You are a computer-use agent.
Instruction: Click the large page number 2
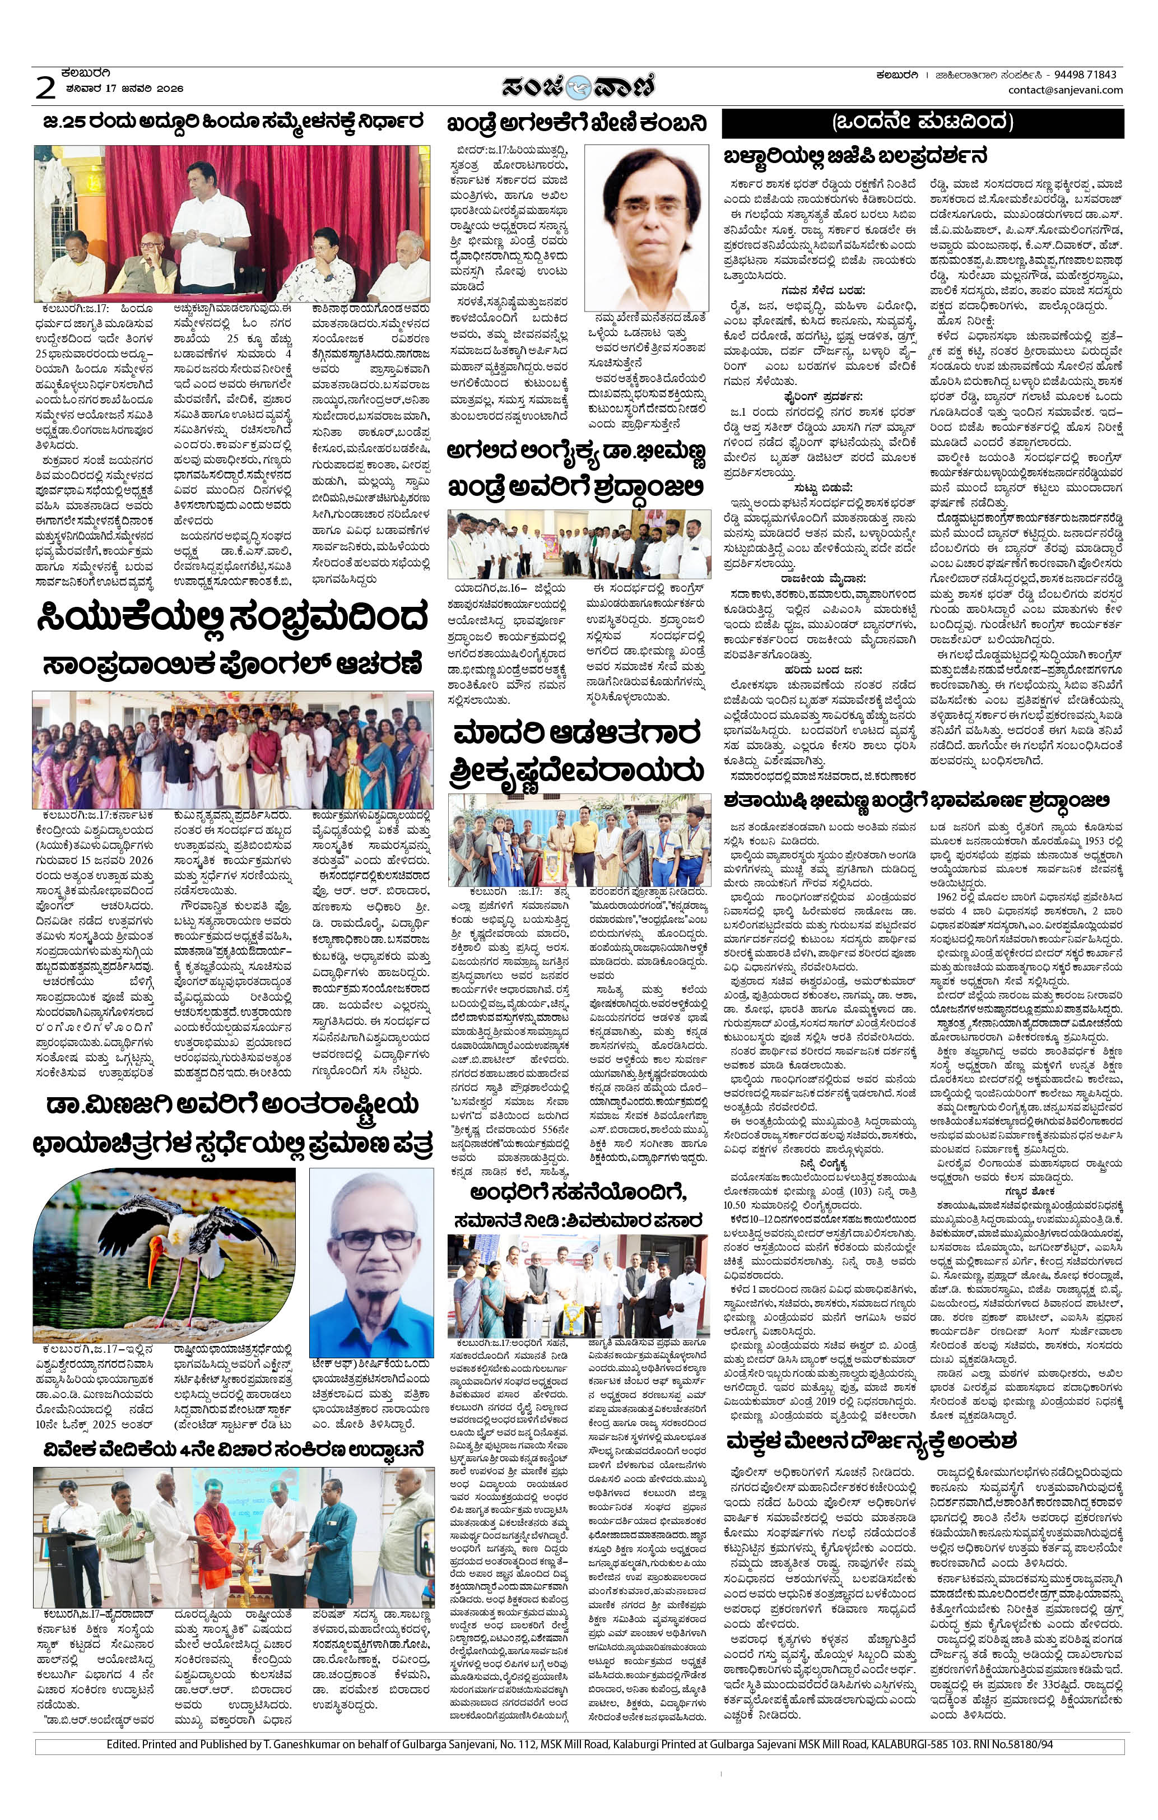pos(45,87)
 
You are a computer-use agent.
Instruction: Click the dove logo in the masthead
pos(579,87)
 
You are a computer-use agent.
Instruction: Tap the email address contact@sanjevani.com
pos(1065,90)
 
